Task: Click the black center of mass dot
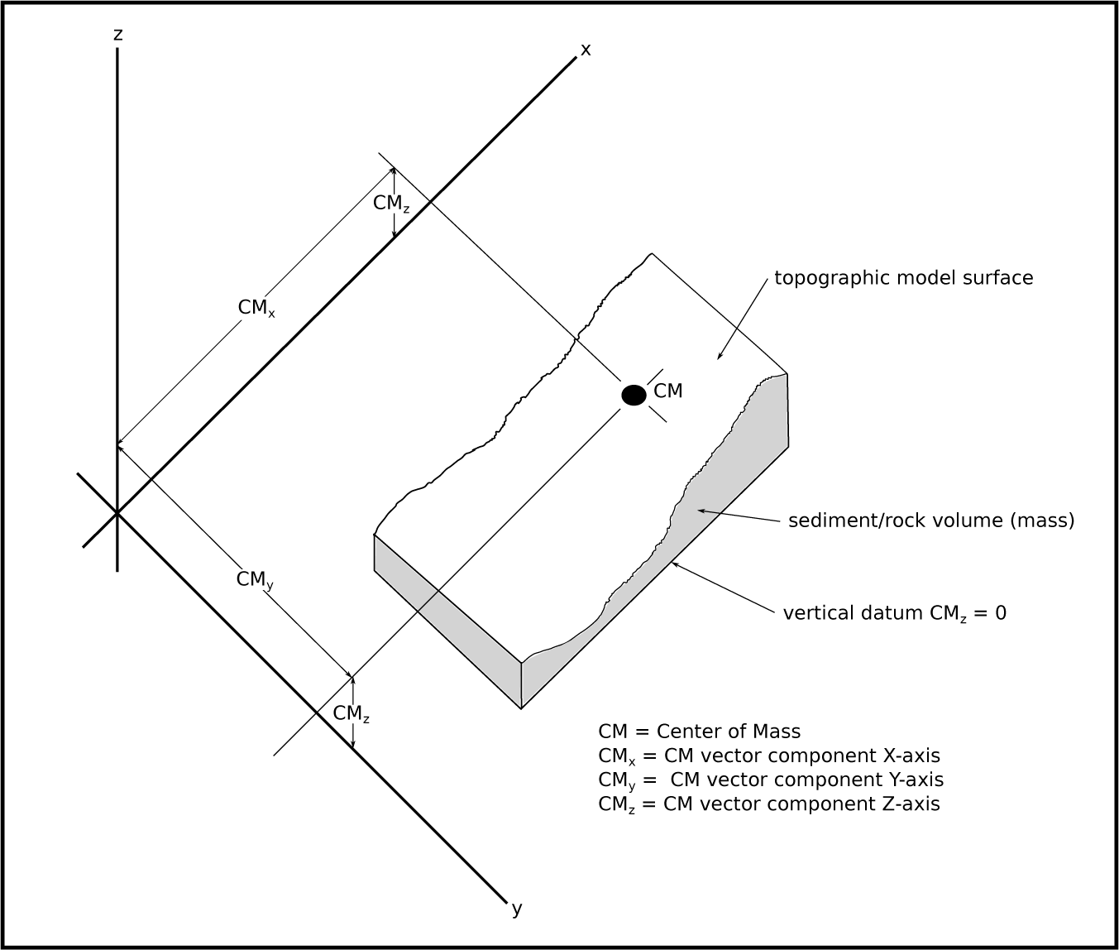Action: [x=634, y=396]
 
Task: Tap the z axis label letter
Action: [x=118, y=34]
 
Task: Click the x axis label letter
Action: [x=586, y=50]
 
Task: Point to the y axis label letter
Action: [x=517, y=909]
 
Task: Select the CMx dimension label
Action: [x=256, y=308]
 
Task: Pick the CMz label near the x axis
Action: [x=390, y=204]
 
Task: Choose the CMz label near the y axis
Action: [x=351, y=713]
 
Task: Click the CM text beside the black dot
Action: [x=668, y=391]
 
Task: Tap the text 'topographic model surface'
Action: [x=903, y=278]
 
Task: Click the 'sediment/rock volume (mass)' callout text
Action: [x=931, y=521]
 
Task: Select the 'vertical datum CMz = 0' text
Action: [x=895, y=613]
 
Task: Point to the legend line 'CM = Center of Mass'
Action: [x=699, y=732]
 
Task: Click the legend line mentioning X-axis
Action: [x=768, y=756]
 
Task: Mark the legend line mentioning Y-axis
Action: [x=770, y=780]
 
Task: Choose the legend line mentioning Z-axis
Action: [x=768, y=804]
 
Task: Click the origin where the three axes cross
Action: [x=117, y=513]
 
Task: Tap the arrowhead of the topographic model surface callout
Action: [x=718, y=357]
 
